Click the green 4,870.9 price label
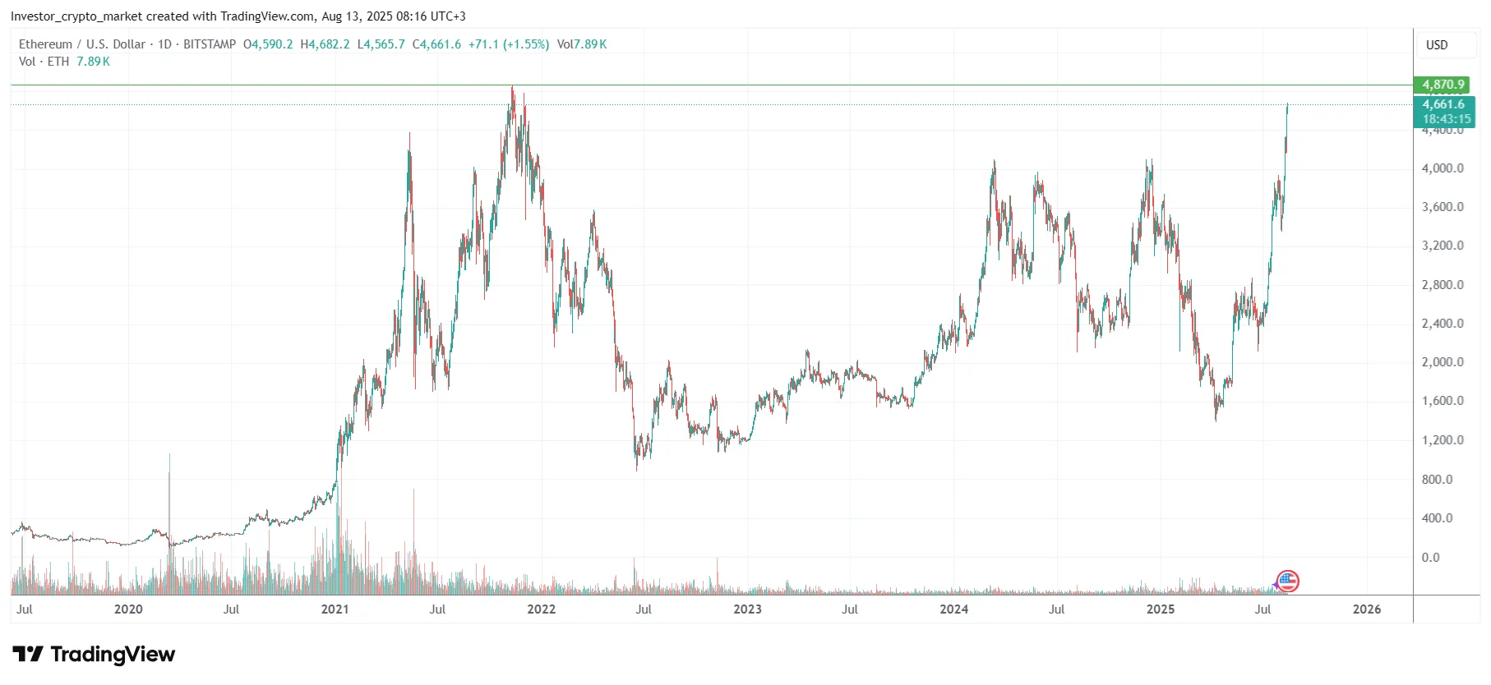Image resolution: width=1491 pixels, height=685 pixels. point(1443,85)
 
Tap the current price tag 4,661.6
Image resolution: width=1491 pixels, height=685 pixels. point(1443,104)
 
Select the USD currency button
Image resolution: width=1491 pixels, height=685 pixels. point(1437,45)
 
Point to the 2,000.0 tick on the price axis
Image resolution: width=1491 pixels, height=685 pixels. point(1443,362)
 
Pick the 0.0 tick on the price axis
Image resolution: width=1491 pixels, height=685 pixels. point(1431,557)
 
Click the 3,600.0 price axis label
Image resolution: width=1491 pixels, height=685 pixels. point(1443,207)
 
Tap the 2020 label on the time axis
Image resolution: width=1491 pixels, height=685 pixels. point(128,609)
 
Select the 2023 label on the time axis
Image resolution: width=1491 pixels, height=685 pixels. point(747,609)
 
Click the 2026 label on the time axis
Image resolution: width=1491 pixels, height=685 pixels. point(1367,609)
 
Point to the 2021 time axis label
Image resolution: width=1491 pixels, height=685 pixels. point(335,609)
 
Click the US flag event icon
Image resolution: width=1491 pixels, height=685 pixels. point(1288,582)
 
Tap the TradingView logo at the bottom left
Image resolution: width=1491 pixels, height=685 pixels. point(95,655)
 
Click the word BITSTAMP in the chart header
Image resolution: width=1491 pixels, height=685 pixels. point(210,44)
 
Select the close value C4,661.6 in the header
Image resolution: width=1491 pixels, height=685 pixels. point(436,44)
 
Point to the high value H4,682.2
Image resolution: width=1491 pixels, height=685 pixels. point(325,44)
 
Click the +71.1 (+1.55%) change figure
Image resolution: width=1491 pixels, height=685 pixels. point(509,44)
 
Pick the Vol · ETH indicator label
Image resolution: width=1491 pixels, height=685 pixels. point(44,62)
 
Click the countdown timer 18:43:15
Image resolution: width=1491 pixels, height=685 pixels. point(1447,119)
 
